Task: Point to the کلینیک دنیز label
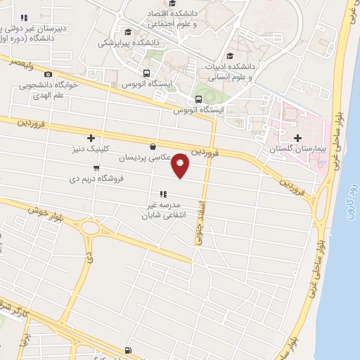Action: coord(90,149)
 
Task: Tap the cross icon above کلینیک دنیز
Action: coord(90,138)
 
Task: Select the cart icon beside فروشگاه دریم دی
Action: coord(96,167)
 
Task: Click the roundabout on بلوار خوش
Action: coord(89,227)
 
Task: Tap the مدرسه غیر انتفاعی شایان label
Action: coord(162,209)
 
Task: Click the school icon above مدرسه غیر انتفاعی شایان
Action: coord(162,193)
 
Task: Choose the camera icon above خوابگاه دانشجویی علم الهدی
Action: coord(48,75)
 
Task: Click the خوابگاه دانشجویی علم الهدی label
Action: coord(48,90)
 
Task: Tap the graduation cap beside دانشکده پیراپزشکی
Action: coord(127,32)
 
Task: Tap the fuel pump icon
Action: coord(127,349)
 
